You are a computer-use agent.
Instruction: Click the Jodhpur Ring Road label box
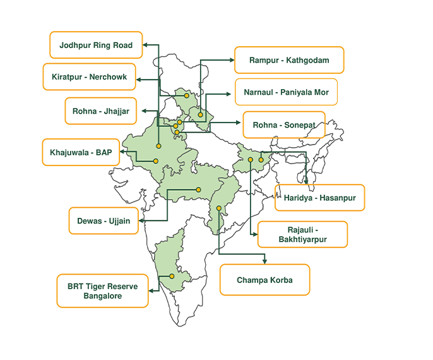pos(96,45)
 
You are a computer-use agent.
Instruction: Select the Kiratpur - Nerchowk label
pos(89,77)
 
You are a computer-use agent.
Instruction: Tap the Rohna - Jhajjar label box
pos(101,111)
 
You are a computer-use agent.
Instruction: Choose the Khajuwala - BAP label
pos(80,152)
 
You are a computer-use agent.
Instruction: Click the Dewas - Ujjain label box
pos(103,221)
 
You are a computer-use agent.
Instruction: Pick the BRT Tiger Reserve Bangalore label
pos(102,291)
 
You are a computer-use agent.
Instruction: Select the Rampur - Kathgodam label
pos(288,60)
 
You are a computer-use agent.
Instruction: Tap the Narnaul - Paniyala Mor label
pos(285,92)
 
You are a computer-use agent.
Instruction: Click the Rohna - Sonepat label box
pos(283,124)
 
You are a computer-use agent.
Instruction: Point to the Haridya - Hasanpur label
pos(319,198)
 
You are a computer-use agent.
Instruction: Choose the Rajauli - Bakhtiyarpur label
pos(303,234)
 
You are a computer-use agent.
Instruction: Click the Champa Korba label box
pos(264,280)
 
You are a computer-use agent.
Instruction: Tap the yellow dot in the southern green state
pos(171,276)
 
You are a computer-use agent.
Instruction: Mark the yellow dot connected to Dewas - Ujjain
pos(198,189)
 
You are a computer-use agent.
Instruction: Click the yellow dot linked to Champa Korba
pos(219,208)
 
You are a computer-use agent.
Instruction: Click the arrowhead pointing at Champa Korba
pos(265,261)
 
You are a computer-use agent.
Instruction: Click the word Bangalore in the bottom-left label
pos(103,296)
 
